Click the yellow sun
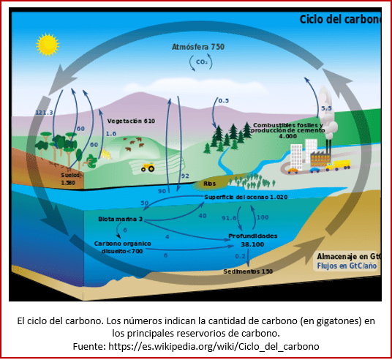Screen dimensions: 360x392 coord(47,45)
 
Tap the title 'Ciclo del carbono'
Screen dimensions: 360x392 coord(341,19)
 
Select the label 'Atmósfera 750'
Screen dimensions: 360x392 coord(197,47)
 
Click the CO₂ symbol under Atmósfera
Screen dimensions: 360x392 coord(202,62)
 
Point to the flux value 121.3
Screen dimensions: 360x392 coord(45,113)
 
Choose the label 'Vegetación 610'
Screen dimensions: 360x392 coord(131,120)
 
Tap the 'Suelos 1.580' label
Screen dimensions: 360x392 coord(68,179)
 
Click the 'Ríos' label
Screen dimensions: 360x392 coord(210,184)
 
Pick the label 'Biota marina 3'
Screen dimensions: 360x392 coord(120,219)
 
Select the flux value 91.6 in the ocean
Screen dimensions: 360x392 coord(230,217)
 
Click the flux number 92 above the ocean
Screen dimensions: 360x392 coord(185,176)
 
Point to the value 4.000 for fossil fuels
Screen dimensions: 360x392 coord(288,136)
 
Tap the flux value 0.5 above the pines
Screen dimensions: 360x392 coord(223,100)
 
